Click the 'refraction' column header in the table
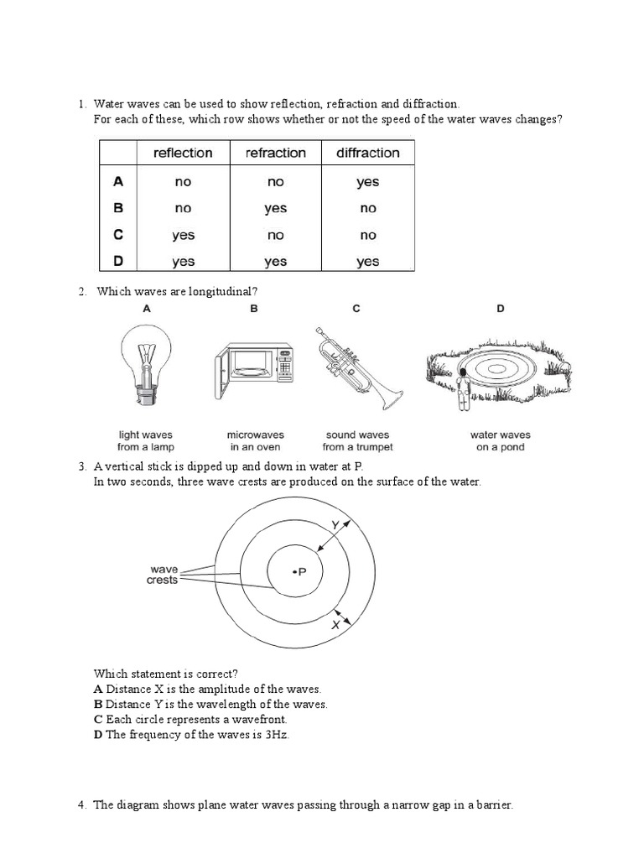[275, 153]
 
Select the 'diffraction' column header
[367, 153]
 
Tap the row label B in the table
[118, 208]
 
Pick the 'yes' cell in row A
[367, 181]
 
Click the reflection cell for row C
[183, 235]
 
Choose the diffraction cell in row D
[367, 262]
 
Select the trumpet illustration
[356, 365]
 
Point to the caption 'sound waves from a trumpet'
[357, 441]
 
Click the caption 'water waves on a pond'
[500, 441]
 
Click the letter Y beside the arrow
[335, 524]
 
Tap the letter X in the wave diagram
[336, 625]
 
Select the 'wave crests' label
[163, 575]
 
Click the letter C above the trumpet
[356, 309]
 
